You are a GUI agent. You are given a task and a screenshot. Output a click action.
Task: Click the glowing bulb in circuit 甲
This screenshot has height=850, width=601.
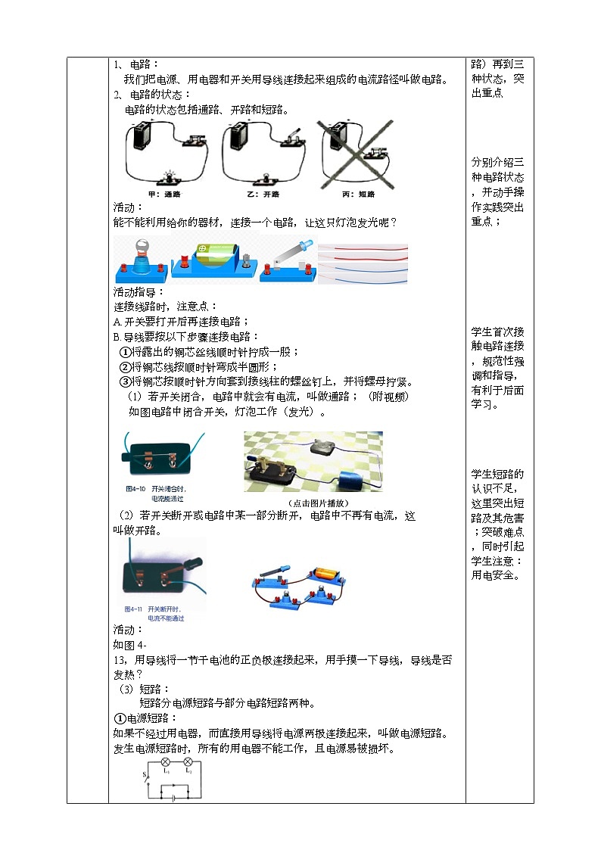click(167, 178)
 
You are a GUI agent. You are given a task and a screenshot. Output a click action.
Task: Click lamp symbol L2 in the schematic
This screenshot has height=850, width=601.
click(188, 762)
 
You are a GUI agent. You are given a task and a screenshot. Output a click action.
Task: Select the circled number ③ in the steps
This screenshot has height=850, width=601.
click(126, 381)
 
